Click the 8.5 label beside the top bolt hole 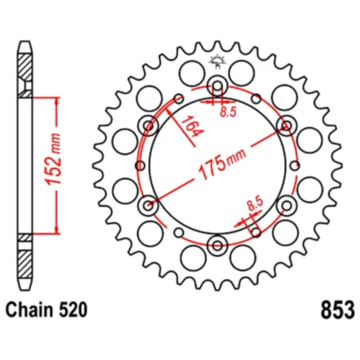pyautogui.click(x=226, y=109)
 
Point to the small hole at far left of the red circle pyautogui.click(x=141, y=165)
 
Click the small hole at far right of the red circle pyautogui.click(x=296, y=165)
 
